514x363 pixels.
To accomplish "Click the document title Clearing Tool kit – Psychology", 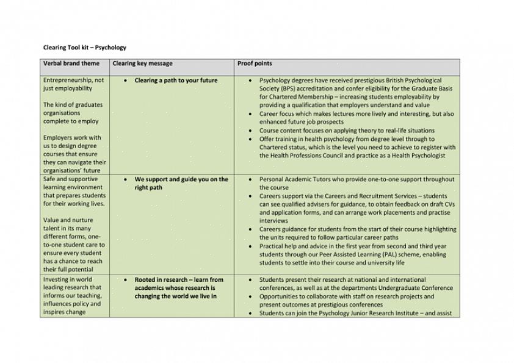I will [x=85, y=47].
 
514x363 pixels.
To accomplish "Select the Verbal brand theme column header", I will [x=71, y=63].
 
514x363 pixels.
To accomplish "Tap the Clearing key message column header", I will [x=142, y=63].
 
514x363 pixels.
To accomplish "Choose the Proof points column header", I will [x=255, y=63].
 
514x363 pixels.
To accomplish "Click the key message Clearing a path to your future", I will [x=176, y=81].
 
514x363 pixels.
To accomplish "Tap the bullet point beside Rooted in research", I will [x=125, y=280].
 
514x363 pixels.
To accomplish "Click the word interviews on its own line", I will [x=273, y=221].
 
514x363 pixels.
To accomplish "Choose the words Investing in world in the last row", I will [x=67, y=279].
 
